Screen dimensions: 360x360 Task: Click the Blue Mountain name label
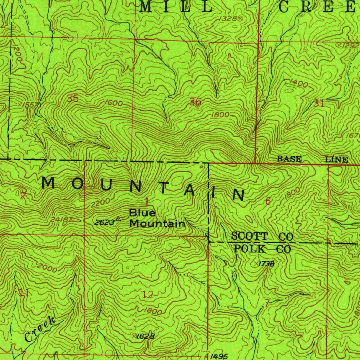tap(157, 218)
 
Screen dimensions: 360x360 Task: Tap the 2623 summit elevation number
tap(104, 222)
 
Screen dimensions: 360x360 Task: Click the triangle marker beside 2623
tap(118, 219)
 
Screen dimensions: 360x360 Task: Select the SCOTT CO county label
tap(262, 237)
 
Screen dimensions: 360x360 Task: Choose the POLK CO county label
tap(263, 249)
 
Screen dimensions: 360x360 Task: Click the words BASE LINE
tap(313, 159)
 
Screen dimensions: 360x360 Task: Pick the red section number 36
tap(195, 102)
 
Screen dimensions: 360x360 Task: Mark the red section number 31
tap(319, 103)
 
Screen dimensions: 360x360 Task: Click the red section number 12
tap(148, 295)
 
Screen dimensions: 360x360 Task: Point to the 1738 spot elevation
tap(266, 264)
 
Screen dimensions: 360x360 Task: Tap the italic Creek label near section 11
tap(40, 329)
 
